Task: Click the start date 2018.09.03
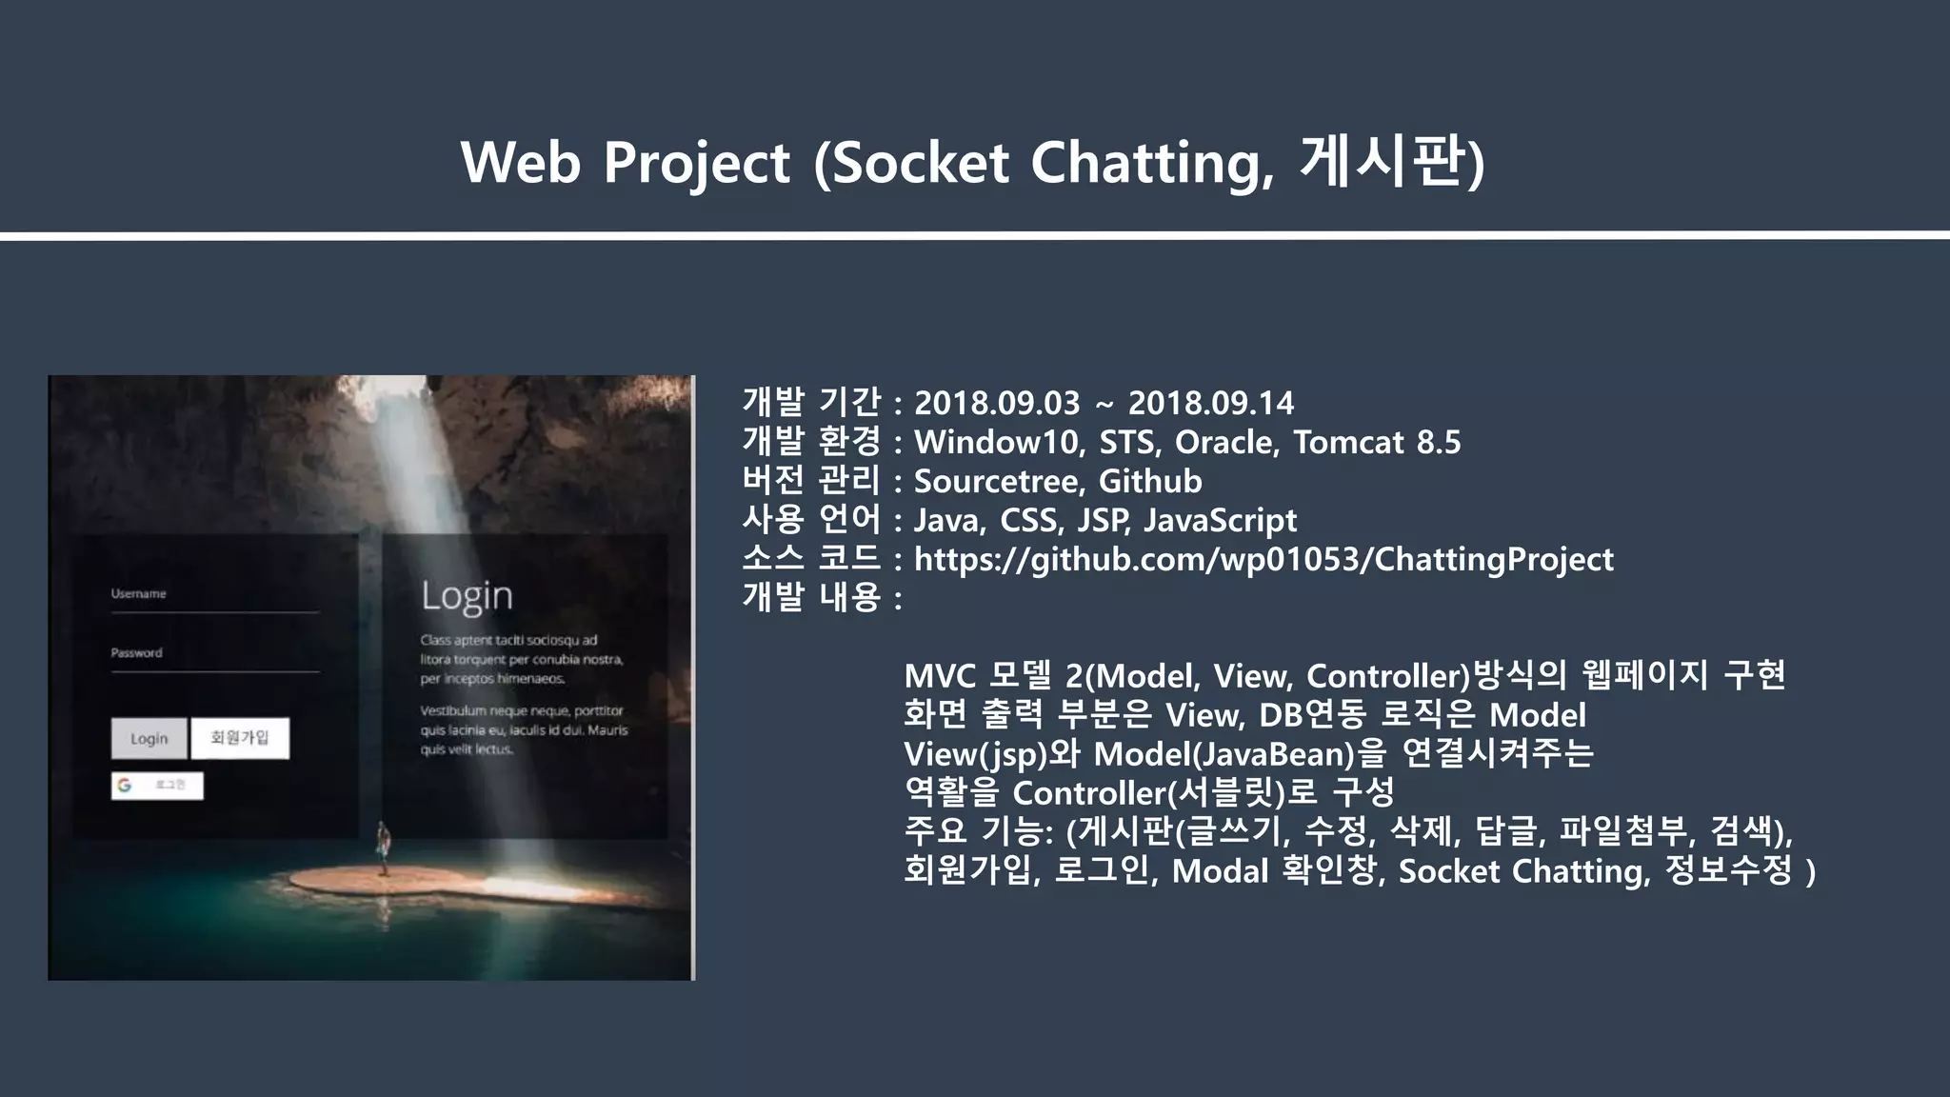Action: [x=997, y=403]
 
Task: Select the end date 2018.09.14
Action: [x=1210, y=403]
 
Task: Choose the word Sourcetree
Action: [x=998, y=481]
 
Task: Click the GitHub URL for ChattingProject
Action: [x=1264, y=559]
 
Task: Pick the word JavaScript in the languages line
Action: [x=1220, y=520]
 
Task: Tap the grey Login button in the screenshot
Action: [x=149, y=738]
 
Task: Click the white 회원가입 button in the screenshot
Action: [x=240, y=738]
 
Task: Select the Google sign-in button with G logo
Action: [x=157, y=785]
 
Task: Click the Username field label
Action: [x=138, y=593]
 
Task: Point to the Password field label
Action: [x=136, y=652]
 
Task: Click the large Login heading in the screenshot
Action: [x=467, y=596]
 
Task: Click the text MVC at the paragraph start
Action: [x=940, y=676]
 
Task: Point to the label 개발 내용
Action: [x=811, y=598]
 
